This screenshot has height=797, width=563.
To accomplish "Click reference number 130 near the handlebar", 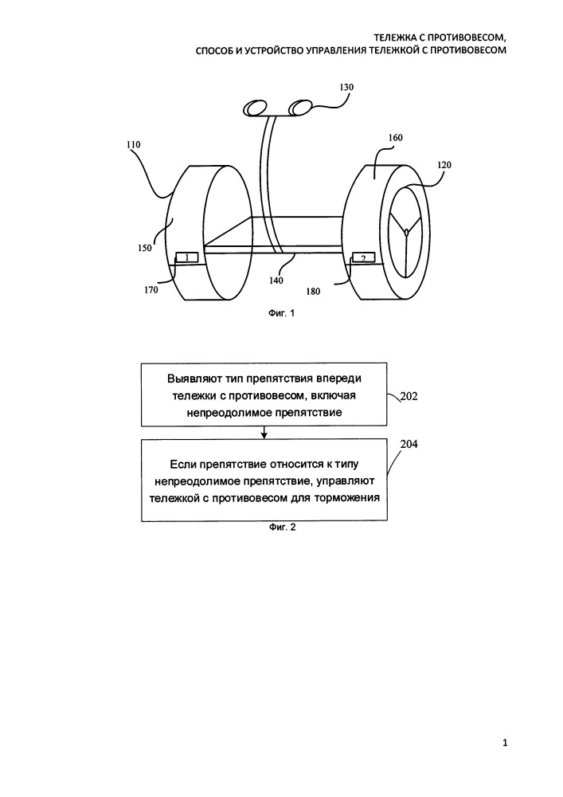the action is pyautogui.click(x=346, y=88).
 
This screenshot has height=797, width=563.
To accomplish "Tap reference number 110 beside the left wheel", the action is pyautogui.click(x=134, y=145).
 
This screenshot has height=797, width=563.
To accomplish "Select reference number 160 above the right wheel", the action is pyautogui.click(x=395, y=138).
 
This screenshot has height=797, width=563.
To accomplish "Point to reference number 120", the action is pyautogui.click(x=444, y=165).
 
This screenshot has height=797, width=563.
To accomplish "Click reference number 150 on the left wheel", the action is pyautogui.click(x=145, y=248).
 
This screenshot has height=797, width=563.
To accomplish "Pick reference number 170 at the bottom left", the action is pyautogui.click(x=151, y=290).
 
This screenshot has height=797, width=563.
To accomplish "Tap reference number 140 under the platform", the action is pyautogui.click(x=276, y=280).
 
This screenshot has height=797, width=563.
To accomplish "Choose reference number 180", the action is pyautogui.click(x=313, y=292).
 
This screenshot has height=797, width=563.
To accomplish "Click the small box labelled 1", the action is pyautogui.click(x=187, y=257).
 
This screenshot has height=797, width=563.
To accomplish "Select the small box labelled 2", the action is pyautogui.click(x=363, y=258).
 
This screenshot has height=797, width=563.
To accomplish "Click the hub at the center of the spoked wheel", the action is pyautogui.click(x=406, y=232).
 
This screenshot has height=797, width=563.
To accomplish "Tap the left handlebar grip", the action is pyautogui.click(x=255, y=108).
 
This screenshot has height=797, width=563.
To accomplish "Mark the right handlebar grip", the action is pyautogui.click(x=300, y=108).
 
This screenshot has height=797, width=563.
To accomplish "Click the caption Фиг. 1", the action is pyautogui.click(x=282, y=313).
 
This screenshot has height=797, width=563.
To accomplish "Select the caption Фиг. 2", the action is pyautogui.click(x=282, y=527).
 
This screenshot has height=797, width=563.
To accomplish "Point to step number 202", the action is pyautogui.click(x=409, y=396).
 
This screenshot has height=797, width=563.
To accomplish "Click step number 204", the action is pyautogui.click(x=409, y=444).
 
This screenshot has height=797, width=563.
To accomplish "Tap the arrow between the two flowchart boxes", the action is pyautogui.click(x=264, y=432).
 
